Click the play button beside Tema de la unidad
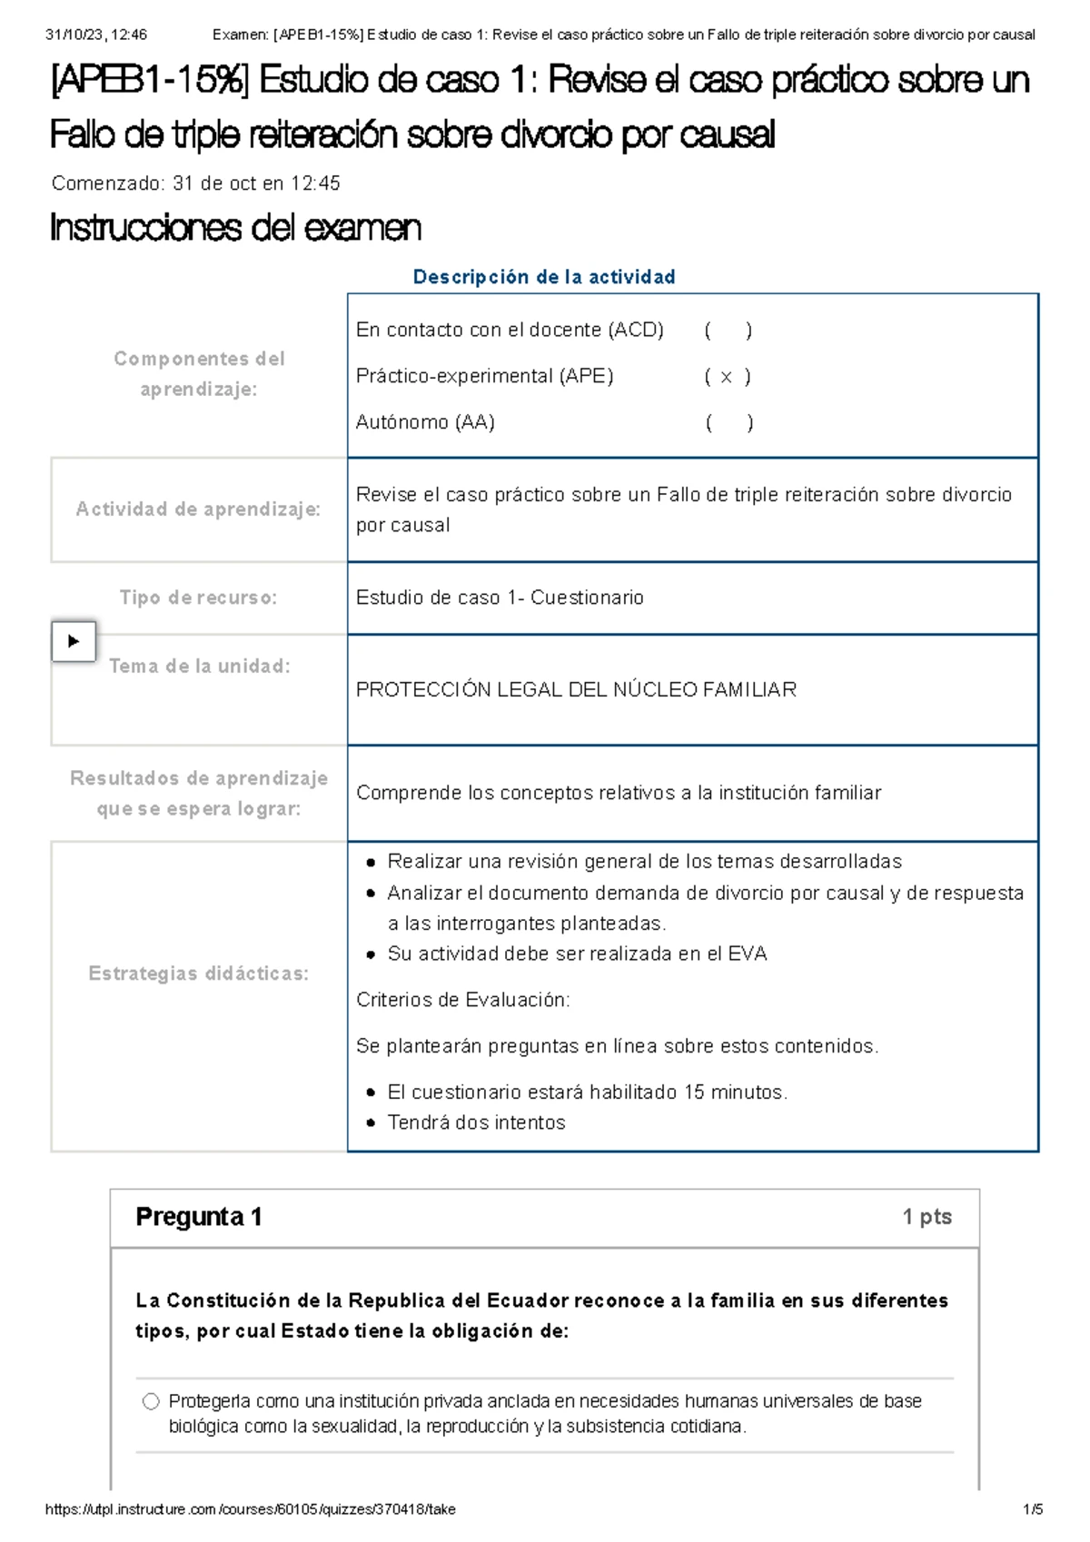pyautogui.click(x=74, y=641)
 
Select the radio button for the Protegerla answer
pyautogui.click(x=151, y=1401)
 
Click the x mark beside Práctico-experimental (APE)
pyautogui.click(x=727, y=377)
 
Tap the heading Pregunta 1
pyautogui.click(x=199, y=1217)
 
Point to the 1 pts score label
pyautogui.click(x=926, y=1217)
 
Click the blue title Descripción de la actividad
pyautogui.click(x=544, y=277)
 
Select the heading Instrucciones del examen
pyautogui.click(x=235, y=228)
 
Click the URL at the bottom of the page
pyautogui.click(x=250, y=1509)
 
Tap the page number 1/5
pyautogui.click(x=1033, y=1509)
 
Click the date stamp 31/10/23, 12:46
pyautogui.click(x=95, y=35)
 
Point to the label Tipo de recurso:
pyautogui.click(x=198, y=598)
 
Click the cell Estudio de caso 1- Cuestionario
pyautogui.click(x=500, y=598)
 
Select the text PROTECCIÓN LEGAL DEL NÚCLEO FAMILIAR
pyautogui.click(x=576, y=690)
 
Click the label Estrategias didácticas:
pyautogui.click(x=198, y=974)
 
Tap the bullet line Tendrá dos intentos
pyautogui.click(x=476, y=1122)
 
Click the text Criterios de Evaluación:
pyautogui.click(x=463, y=1000)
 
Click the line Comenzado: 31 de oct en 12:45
pyautogui.click(x=195, y=183)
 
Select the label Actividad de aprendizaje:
pyautogui.click(x=198, y=509)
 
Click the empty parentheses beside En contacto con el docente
pyautogui.click(x=728, y=331)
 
